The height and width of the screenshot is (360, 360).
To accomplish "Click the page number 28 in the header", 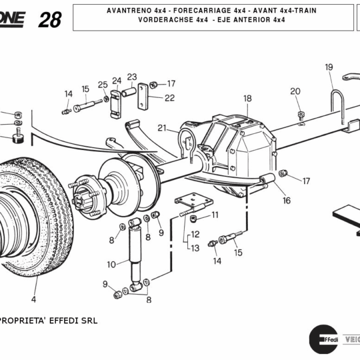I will pos(50,19).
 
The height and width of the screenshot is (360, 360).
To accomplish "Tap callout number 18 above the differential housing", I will pos(247,98).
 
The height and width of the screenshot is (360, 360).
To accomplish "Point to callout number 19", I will pos(329,67).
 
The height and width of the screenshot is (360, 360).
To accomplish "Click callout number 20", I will pos(295,91).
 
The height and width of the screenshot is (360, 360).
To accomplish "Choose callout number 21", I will pos(162,127).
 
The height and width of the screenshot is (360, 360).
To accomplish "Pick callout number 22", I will pos(170,98).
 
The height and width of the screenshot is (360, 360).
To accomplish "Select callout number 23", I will pos(132,77).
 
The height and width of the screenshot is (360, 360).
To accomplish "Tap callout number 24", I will pos(116,80).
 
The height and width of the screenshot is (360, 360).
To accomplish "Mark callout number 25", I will pos(103,84).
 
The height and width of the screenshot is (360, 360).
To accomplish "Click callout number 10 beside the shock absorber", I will pos(111,264).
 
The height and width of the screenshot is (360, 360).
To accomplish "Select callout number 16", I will pos(287,200).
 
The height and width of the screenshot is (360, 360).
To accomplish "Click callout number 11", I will pos(215,214).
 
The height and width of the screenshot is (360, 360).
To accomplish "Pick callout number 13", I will pos(195,247).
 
